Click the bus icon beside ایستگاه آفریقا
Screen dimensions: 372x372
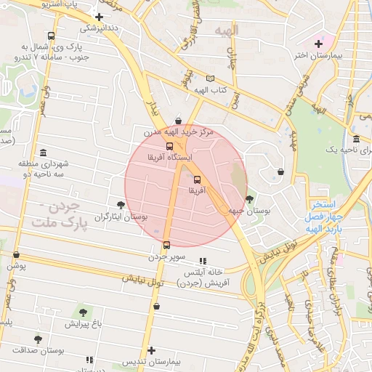point(169,145)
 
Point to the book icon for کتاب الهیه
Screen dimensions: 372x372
point(210,78)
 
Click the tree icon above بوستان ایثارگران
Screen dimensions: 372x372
point(120,206)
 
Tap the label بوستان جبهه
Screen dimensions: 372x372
point(245,211)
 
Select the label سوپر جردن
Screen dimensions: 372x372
point(168,256)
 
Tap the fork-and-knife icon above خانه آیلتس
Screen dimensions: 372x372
point(203,261)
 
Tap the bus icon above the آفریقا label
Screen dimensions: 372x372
point(197,179)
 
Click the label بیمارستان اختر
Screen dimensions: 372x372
point(318,55)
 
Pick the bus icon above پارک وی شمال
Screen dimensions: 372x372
point(51,36)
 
